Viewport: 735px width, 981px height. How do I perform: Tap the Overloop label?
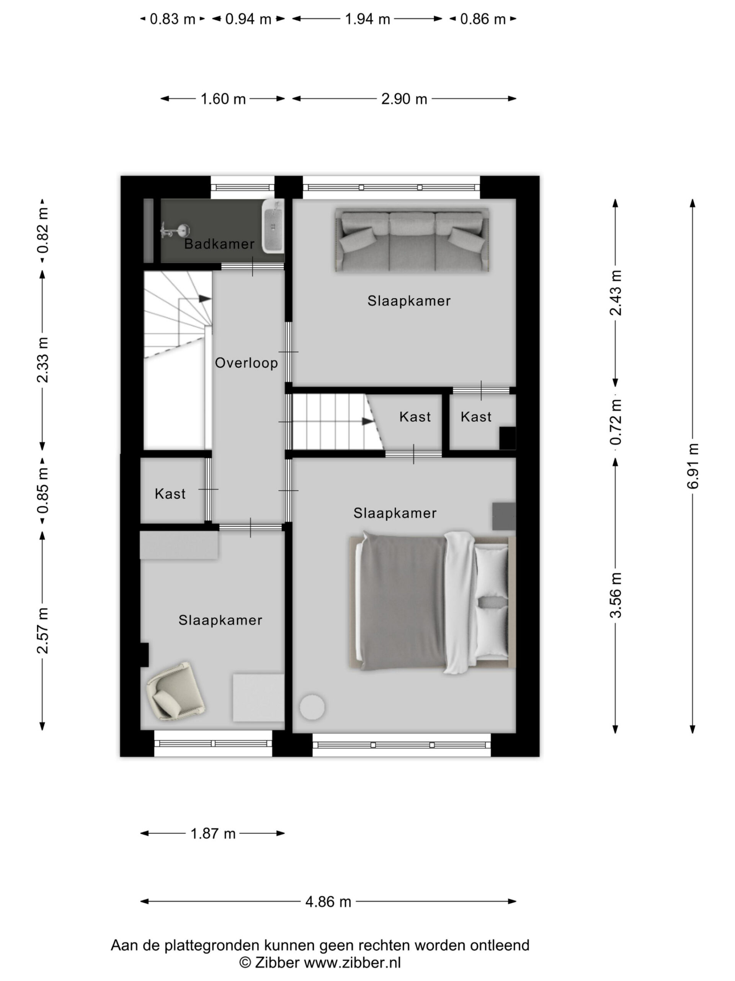246,363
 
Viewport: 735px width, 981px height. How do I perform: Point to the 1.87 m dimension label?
213,833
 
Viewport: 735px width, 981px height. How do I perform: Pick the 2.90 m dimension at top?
404,98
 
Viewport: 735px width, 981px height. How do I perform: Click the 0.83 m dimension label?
172,19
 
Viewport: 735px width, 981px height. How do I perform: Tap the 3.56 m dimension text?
616,595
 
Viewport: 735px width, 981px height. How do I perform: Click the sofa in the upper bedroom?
412,240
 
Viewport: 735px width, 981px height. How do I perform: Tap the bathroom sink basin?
273,226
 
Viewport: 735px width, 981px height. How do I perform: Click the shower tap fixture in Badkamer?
175,231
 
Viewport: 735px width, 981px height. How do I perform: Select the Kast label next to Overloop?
170,494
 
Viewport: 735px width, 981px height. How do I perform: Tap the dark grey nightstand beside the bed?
504,516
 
